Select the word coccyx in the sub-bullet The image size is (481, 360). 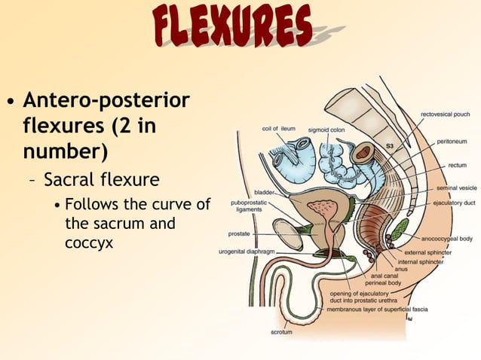click(89, 243)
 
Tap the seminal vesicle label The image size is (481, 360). click(450, 188)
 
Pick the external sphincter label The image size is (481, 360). click(427, 252)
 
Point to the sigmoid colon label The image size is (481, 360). click(326, 130)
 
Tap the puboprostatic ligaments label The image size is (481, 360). click(247, 206)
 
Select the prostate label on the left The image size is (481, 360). click(238, 234)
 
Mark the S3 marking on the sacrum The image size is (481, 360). click(391, 145)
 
